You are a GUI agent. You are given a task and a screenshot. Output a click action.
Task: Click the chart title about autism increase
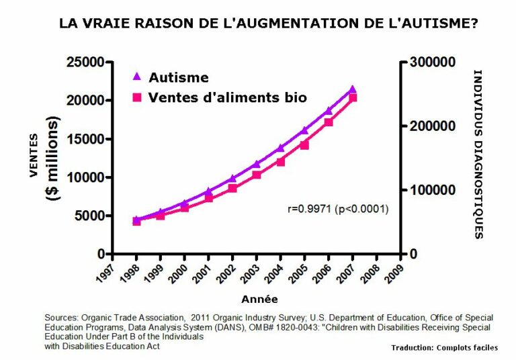coord(268,24)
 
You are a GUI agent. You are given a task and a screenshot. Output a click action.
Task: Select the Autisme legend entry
coord(171,77)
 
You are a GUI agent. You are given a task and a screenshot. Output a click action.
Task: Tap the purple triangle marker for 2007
coord(352,89)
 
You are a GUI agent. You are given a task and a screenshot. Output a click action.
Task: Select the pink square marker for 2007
coord(352,98)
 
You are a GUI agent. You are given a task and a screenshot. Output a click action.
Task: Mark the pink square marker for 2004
coord(280,161)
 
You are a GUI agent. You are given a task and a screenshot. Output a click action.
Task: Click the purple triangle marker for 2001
coord(208,191)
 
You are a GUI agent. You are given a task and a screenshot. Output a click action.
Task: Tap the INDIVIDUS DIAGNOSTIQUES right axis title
coord(478,154)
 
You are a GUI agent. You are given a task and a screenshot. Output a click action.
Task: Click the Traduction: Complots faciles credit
coord(444,348)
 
